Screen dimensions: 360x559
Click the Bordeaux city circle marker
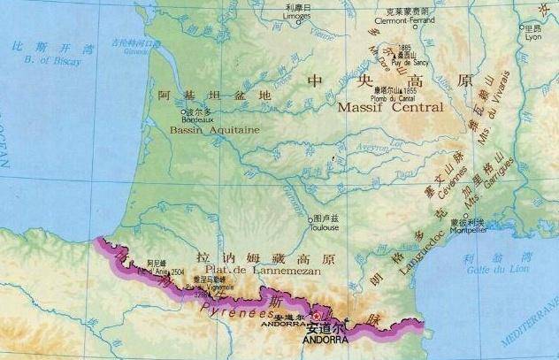181,112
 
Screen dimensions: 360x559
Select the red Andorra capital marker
314,318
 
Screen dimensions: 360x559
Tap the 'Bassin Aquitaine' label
210,129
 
